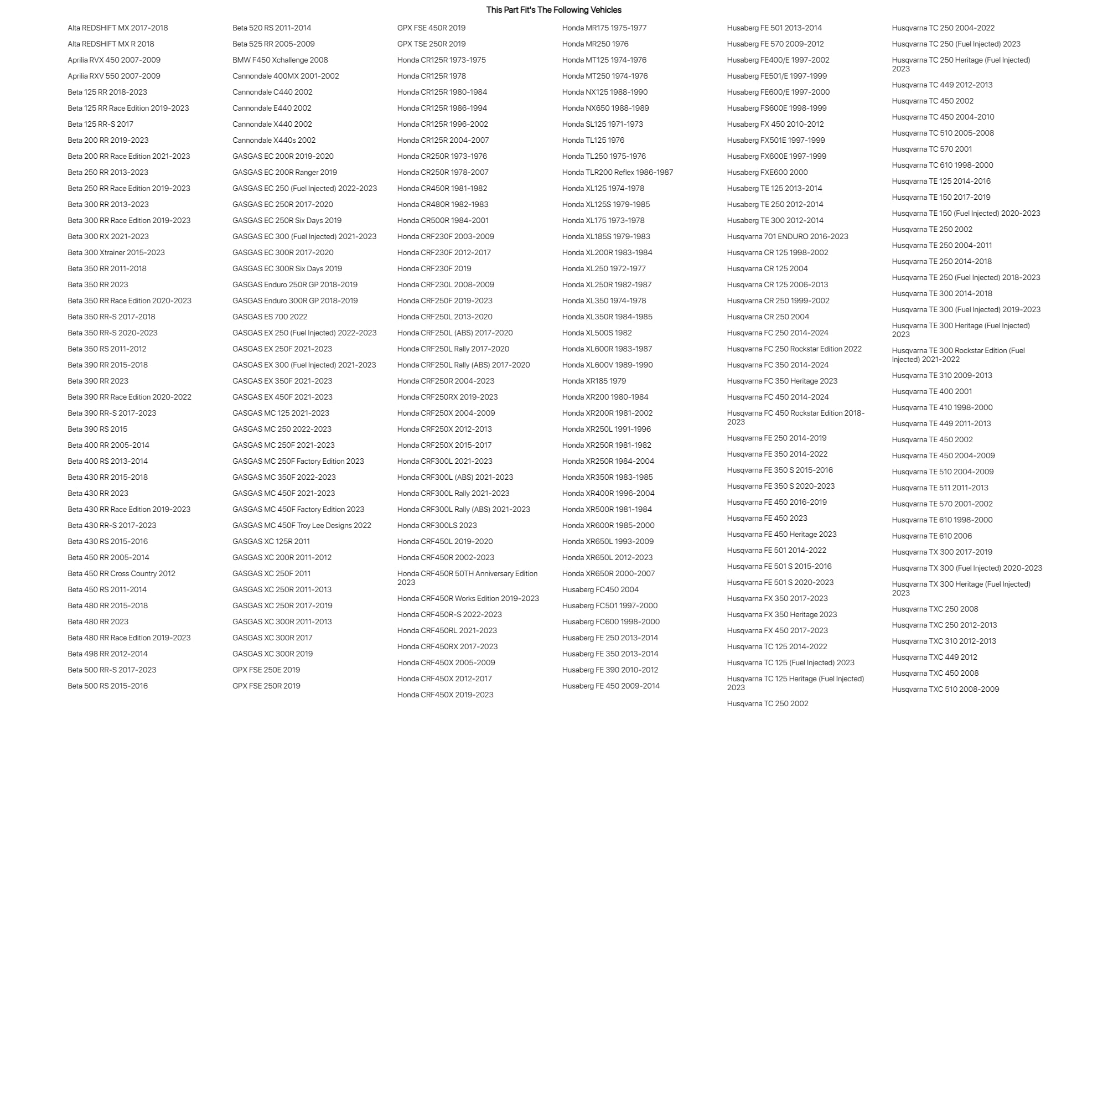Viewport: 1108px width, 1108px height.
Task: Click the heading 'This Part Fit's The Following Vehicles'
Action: (x=553, y=10)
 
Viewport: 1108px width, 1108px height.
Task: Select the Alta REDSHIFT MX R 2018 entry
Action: (x=111, y=44)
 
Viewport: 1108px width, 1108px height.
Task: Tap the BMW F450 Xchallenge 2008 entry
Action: (x=280, y=60)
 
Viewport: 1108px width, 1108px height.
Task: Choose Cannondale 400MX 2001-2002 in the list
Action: (x=286, y=76)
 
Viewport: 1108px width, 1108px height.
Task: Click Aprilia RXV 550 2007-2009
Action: (x=113, y=76)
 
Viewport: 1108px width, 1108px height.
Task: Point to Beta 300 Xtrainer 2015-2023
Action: (x=116, y=252)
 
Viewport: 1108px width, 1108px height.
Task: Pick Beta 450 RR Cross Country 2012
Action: (x=121, y=573)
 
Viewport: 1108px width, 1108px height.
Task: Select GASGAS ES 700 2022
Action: (x=270, y=317)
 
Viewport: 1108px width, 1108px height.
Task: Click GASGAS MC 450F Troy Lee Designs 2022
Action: (x=302, y=525)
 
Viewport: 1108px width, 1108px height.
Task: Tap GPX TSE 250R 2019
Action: (x=431, y=44)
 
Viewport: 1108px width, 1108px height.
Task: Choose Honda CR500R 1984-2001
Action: (x=443, y=220)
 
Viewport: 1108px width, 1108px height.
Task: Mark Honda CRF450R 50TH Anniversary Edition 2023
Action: (x=467, y=577)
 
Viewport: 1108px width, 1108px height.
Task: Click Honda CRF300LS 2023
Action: (x=437, y=525)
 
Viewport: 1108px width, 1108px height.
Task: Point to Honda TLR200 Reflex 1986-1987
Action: (x=617, y=172)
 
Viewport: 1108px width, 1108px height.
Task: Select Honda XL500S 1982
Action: (x=597, y=333)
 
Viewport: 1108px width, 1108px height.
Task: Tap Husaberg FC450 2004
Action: (x=600, y=589)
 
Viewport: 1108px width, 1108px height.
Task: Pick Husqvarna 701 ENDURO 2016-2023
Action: (x=787, y=236)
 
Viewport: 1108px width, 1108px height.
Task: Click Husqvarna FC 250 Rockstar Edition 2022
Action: (x=794, y=349)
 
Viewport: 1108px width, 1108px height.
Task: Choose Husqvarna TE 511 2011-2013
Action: (x=939, y=488)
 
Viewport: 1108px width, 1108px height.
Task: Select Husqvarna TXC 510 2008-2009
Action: (x=945, y=690)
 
